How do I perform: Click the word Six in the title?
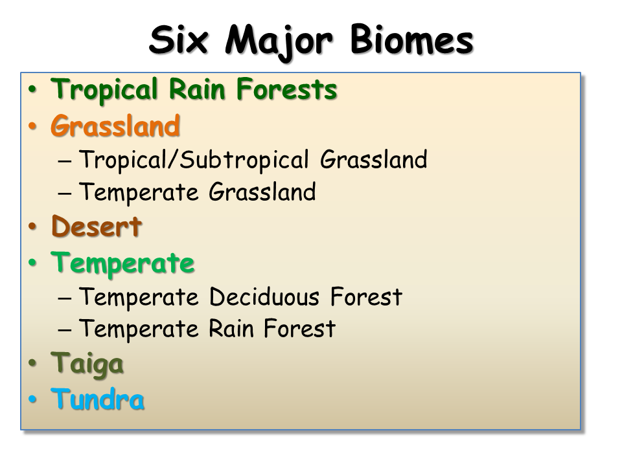point(179,39)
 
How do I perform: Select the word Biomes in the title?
point(412,39)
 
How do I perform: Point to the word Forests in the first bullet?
point(286,89)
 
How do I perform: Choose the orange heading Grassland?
point(115,126)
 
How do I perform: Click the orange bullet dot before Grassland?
point(32,126)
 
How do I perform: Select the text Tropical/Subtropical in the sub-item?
point(194,161)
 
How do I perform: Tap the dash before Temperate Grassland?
point(65,194)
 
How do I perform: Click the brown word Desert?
point(97,227)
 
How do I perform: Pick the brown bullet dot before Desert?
point(32,227)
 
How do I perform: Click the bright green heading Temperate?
point(122,263)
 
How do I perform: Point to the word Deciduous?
point(264,297)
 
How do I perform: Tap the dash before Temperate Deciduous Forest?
point(65,298)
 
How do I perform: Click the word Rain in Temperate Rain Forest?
point(231,329)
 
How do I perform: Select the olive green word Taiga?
point(87,364)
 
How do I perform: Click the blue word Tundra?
point(98,399)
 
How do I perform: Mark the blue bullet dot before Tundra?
point(32,399)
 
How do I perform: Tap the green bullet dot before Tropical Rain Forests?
point(32,90)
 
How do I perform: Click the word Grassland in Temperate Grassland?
point(262,192)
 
